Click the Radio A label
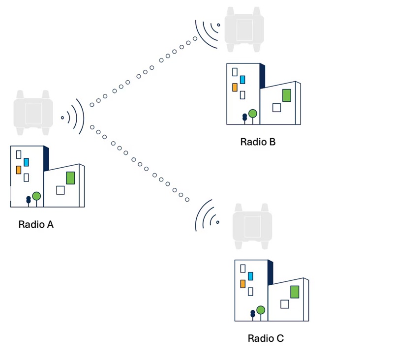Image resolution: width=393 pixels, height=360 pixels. coord(35,224)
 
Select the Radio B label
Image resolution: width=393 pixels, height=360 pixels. coord(258,142)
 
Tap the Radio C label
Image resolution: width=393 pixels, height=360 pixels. coord(266,338)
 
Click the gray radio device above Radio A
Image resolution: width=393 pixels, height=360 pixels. coord(32,112)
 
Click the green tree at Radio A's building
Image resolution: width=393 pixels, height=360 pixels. coord(36,196)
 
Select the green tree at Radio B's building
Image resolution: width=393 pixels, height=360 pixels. coord(253,114)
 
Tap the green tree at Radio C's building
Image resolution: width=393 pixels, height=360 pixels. coord(261,310)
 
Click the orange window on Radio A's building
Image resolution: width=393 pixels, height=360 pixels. coord(19,170)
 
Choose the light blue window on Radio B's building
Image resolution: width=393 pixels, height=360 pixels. coord(242,80)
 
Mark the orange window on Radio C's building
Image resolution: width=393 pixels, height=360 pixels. coord(242,284)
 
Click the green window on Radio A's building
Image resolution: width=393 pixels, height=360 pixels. coord(70,178)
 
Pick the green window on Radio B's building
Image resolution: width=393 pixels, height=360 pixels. coord(286,95)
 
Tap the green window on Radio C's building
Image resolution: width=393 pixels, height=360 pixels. coord(295,292)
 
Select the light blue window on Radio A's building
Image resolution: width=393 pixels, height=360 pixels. coord(26,162)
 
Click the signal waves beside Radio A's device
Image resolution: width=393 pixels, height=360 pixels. coord(74,117)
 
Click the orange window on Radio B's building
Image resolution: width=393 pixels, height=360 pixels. coord(235,88)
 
